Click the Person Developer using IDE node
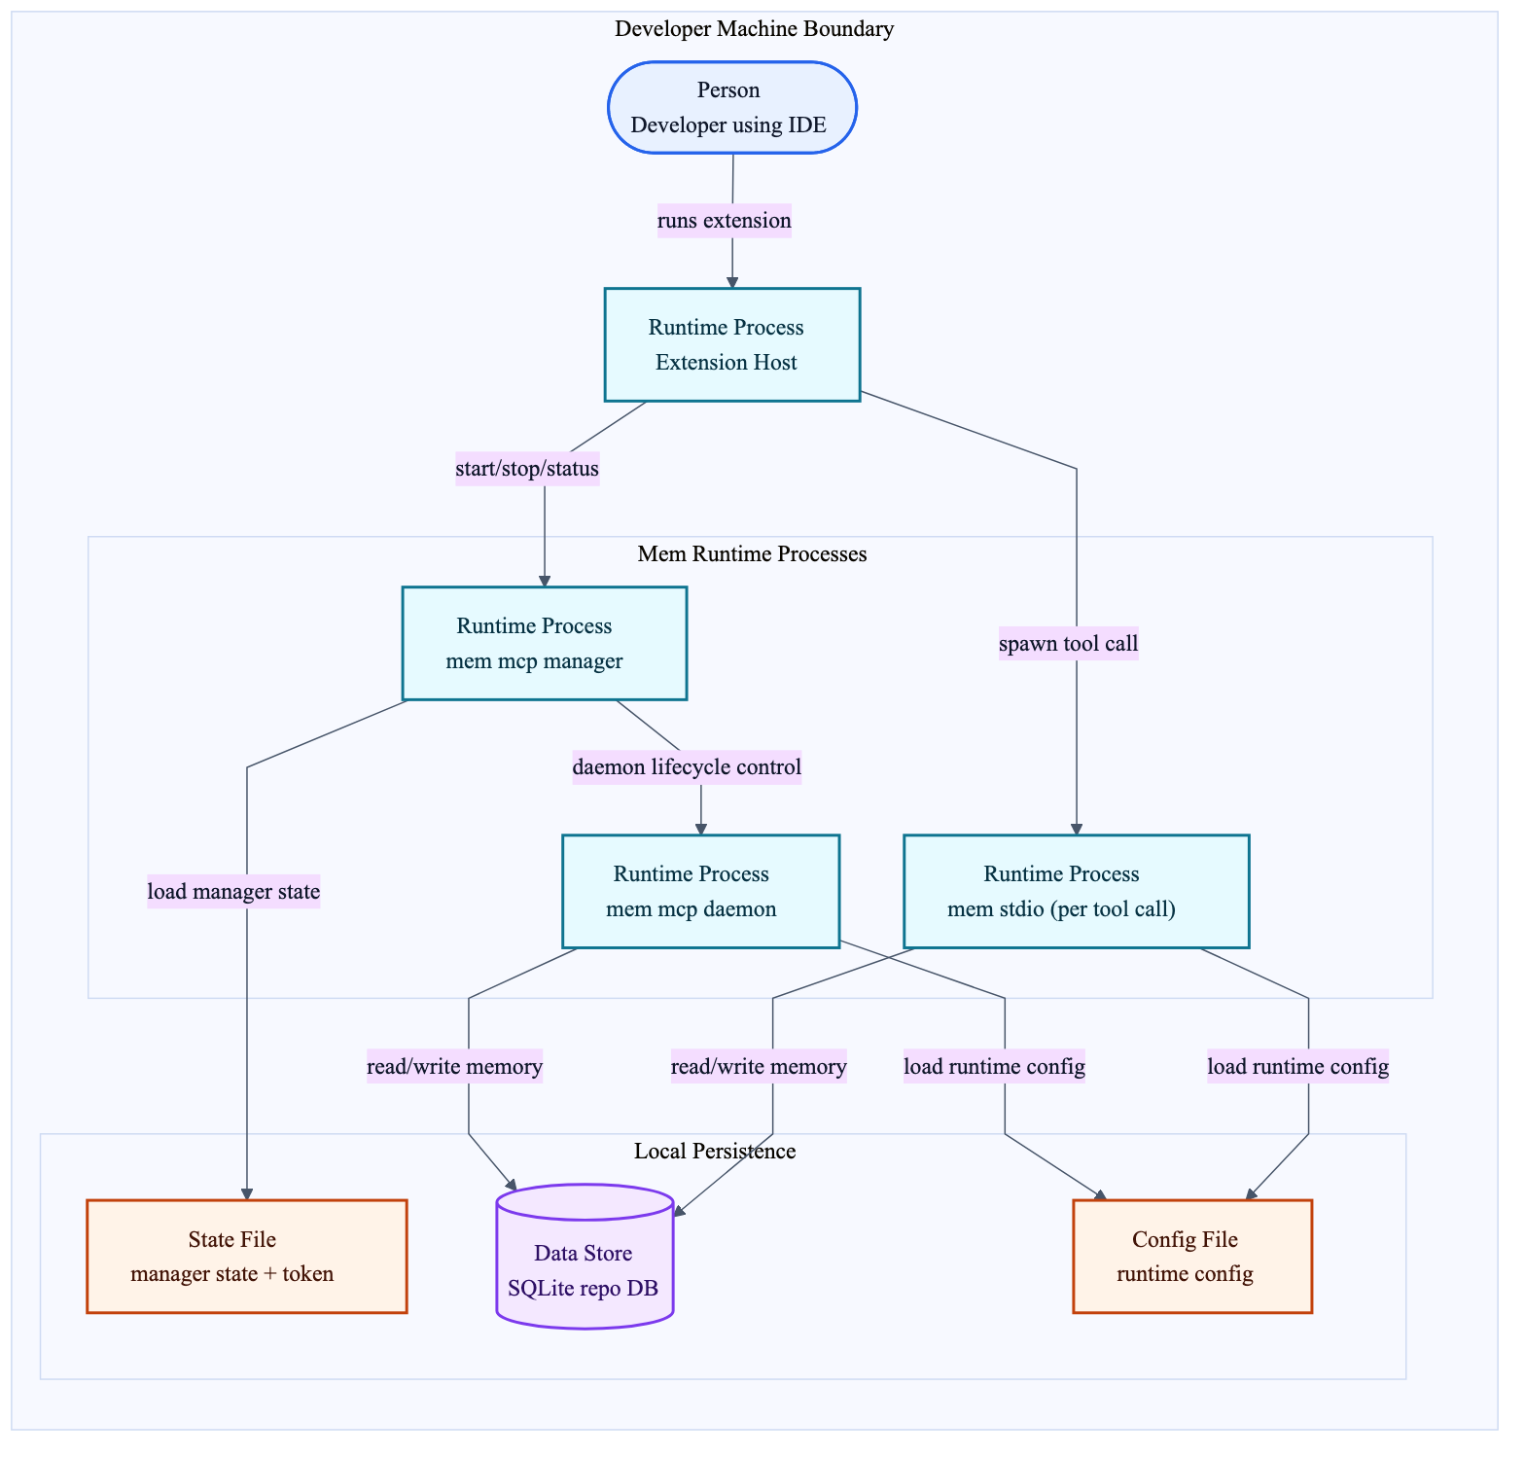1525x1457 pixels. click(731, 108)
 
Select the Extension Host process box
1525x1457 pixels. click(731, 344)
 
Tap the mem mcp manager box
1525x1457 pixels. click(544, 643)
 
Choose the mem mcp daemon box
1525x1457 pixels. click(700, 891)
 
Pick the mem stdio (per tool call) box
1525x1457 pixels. click(1076, 891)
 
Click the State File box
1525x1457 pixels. click(247, 1257)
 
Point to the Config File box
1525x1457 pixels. click(1192, 1257)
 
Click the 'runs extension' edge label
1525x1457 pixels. click(725, 221)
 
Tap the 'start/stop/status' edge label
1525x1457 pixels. click(527, 470)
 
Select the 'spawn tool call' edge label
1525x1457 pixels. click(1068, 644)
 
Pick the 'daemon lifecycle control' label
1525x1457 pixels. click(687, 767)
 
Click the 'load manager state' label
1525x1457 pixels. click(233, 891)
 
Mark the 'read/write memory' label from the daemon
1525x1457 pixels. click(454, 1067)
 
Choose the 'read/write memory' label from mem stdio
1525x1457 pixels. click(759, 1067)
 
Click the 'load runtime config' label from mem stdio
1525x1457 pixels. click(1297, 1067)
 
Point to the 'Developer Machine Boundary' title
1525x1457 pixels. click(755, 29)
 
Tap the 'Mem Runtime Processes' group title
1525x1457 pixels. click(752, 554)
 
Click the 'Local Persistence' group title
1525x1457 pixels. click(715, 1152)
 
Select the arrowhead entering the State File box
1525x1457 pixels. click(247, 1193)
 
